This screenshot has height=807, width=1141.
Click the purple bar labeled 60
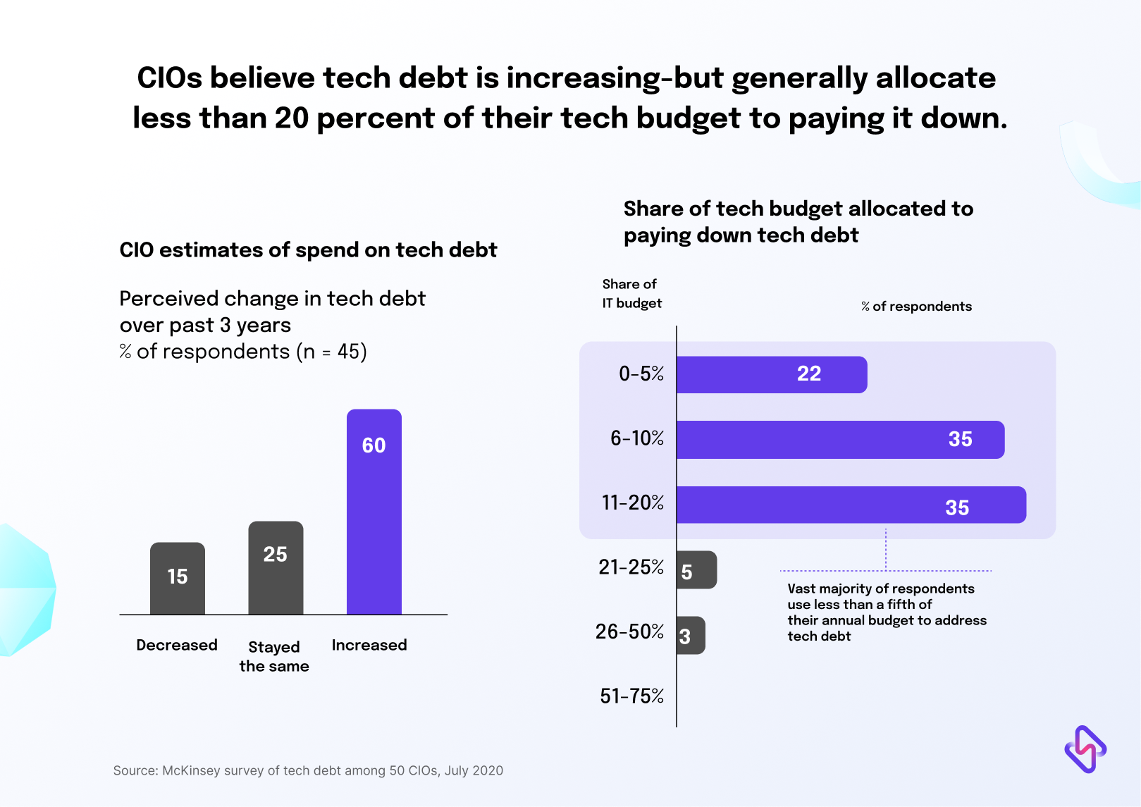[x=374, y=512]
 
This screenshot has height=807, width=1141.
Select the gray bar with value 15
[x=178, y=578]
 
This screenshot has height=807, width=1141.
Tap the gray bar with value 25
[x=276, y=567]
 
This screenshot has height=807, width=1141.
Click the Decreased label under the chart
[x=177, y=645]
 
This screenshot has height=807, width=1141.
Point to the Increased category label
[x=369, y=645]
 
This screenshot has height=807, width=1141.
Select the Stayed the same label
[x=274, y=656]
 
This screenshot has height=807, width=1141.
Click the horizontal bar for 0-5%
[x=771, y=374]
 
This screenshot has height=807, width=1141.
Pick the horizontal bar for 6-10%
[x=840, y=440]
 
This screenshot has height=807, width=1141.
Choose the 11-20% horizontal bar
[x=851, y=505]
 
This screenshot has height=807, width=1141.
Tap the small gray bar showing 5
[x=696, y=570]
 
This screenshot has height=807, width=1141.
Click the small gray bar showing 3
[x=690, y=636]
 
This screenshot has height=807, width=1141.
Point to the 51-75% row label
[x=631, y=696]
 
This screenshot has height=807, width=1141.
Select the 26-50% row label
[x=629, y=632]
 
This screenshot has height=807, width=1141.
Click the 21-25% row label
[x=631, y=567]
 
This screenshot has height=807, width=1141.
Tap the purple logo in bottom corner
[x=1085, y=749]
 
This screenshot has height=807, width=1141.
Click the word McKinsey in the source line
[x=190, y=770]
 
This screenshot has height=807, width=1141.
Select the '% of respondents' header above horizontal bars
[x=916, y=306]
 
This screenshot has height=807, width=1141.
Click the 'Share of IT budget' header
[x=631, y=293]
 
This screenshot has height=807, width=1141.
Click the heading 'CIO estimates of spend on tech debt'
[x=308, y=250]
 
